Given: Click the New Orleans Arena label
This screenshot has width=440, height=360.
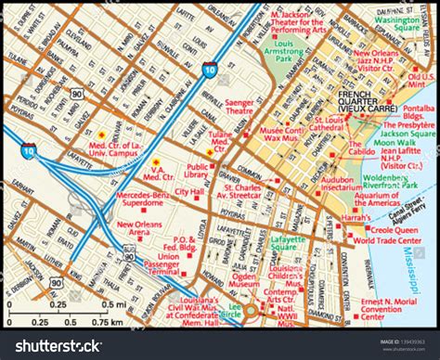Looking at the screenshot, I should (136, 228).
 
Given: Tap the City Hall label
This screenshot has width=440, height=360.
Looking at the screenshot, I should (188, 191).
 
